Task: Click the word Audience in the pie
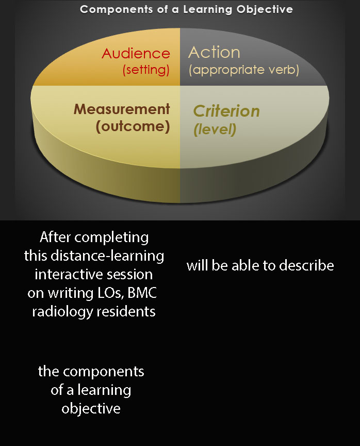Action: coord(136,54)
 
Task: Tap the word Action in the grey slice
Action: coord(214,52)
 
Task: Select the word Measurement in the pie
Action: coord(122,109)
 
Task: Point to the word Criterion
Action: coord(226,111)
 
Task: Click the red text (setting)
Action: coord(146,70)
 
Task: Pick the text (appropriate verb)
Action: coord(244,70)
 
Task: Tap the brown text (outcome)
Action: coord(133,126)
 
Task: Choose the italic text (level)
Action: coord(215,130)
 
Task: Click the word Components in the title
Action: coord(116,10)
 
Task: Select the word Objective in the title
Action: coord(265,9)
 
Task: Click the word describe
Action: coord(306,266)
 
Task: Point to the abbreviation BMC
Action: coord(142,293)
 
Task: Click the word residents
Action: coord(126,311)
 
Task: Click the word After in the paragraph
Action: coord(55,237)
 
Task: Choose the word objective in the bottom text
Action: coord(91,409)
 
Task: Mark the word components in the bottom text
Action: coord(104,372)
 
